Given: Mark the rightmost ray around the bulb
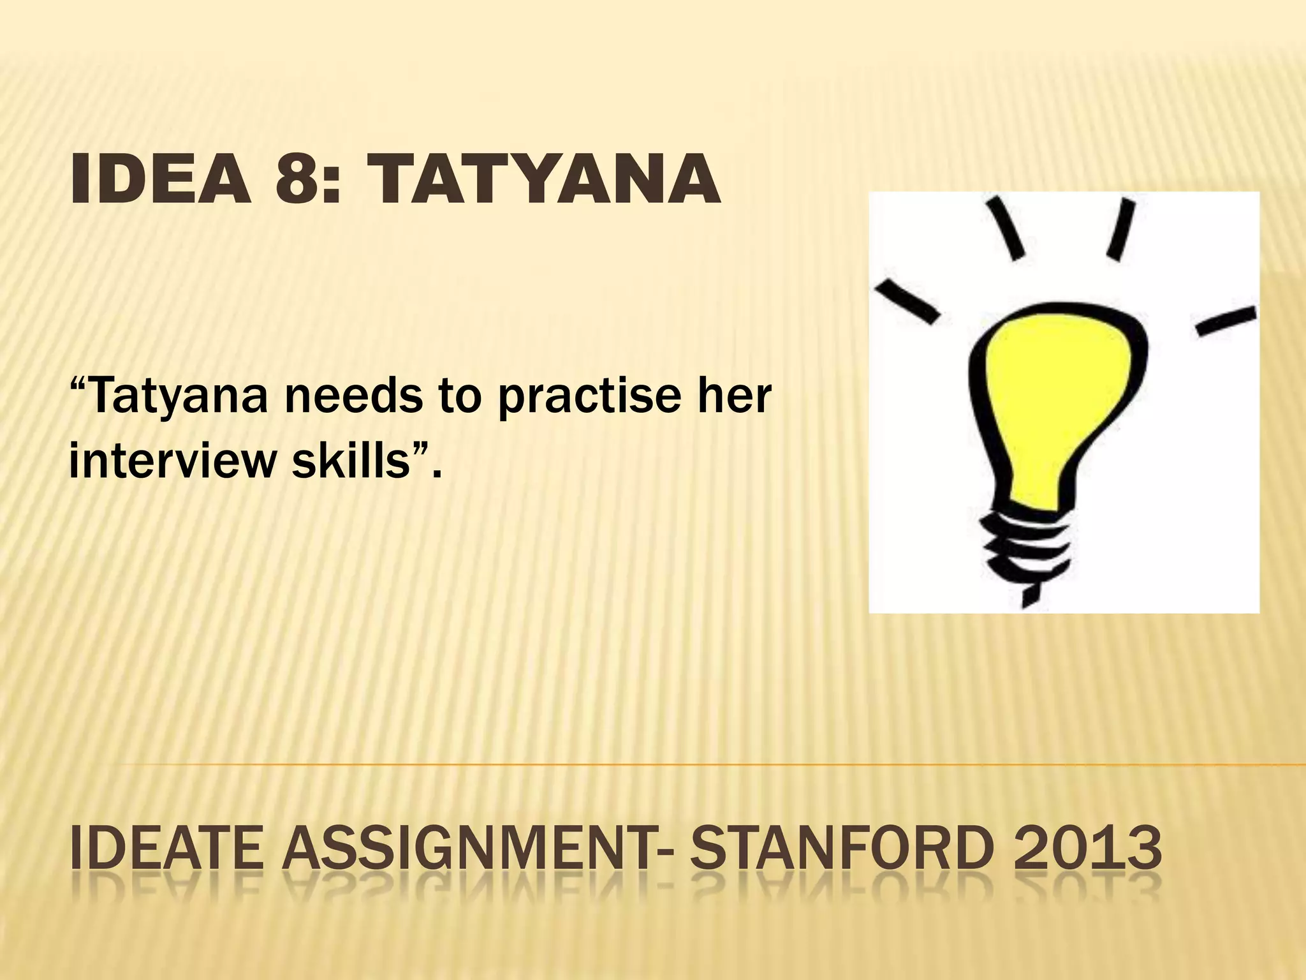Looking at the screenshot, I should pyautogui.click(x=1226, y=321).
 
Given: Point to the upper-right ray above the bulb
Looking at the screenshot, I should pyautogui.click(x=1120, y=228).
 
